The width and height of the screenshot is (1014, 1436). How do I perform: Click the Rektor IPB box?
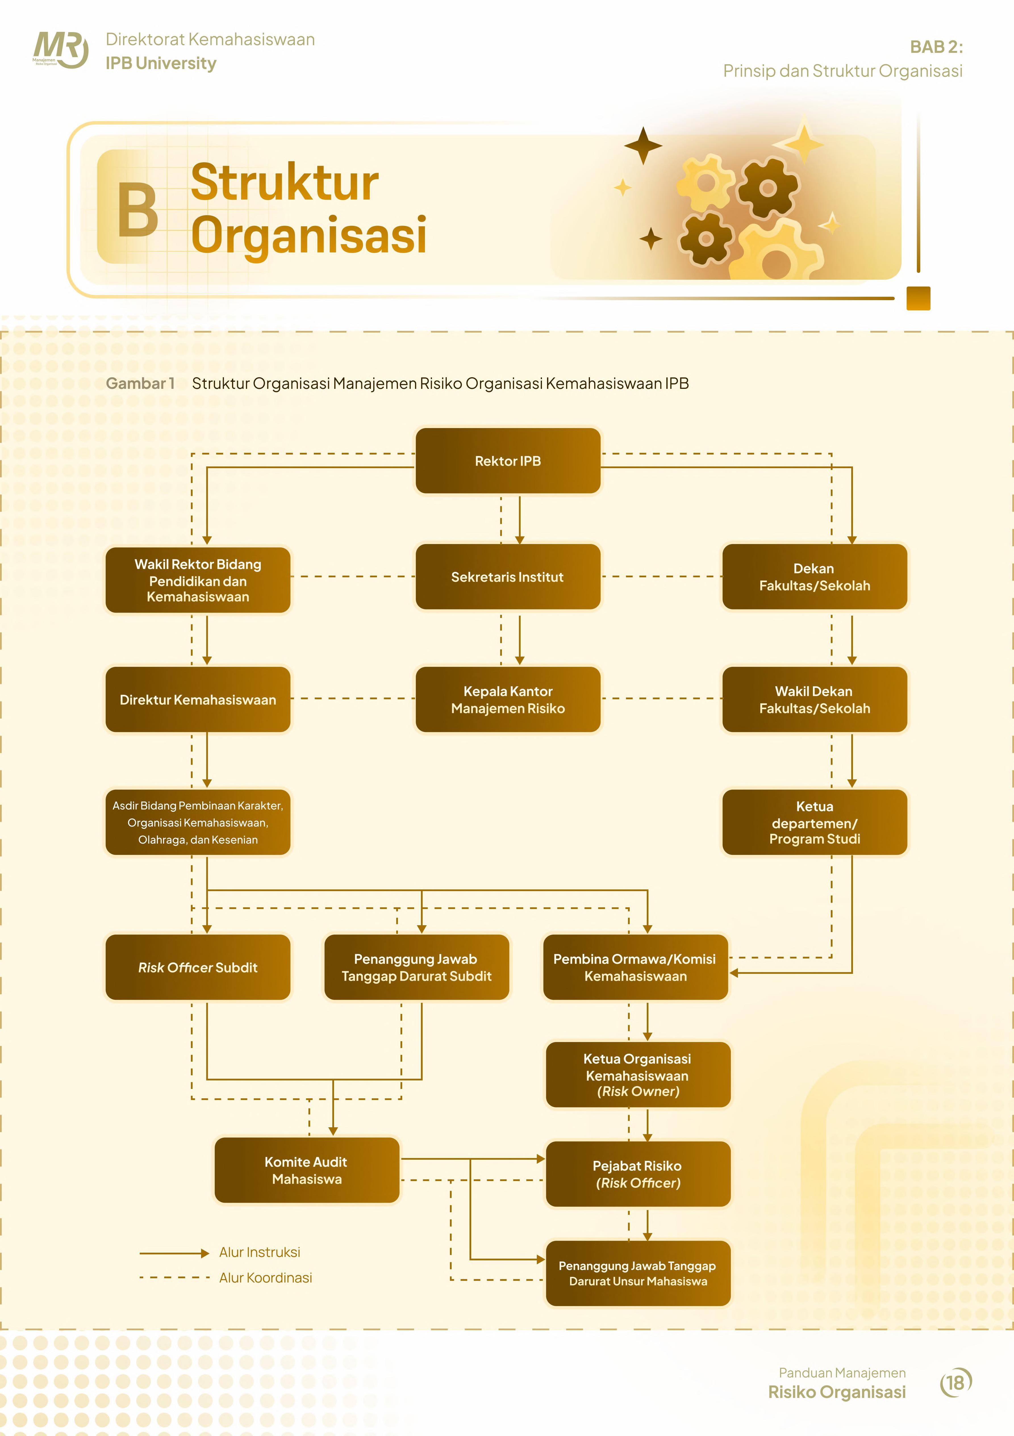[x=508, y=461]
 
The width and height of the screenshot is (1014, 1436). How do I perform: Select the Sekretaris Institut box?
[x=508, y=577]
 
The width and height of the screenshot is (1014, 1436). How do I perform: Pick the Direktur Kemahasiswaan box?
[x=198, y=699]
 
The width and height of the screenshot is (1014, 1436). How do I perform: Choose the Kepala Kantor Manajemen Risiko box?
[x=508, y=699]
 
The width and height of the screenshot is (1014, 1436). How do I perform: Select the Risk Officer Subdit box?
[x=198, y=967]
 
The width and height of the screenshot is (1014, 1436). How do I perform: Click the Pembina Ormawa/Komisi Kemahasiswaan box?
[x=635, y=967]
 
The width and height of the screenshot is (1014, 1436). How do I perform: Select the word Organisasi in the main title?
[x=309, y=235]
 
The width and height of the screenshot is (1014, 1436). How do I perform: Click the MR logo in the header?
[x=60, y=50]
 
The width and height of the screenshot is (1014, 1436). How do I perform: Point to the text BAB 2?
[x=936, y=47]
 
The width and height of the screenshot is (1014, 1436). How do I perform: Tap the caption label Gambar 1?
[x=140, y=383]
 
